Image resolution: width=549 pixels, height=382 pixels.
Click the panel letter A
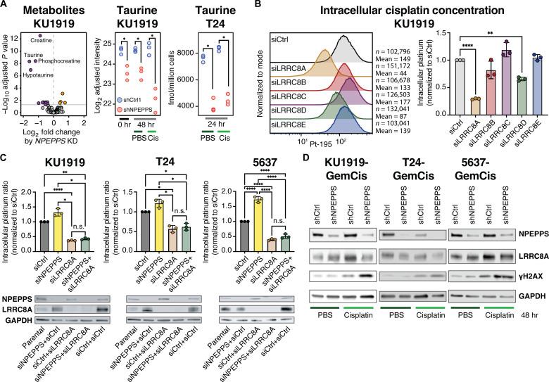tap(6, 6)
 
